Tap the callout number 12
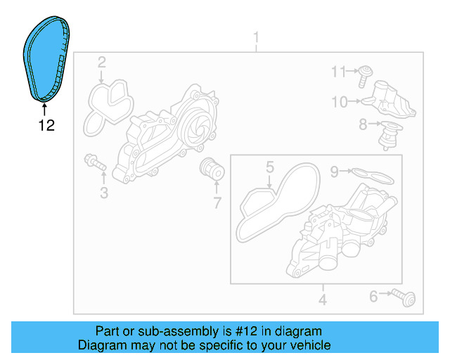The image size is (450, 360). pos(46,127)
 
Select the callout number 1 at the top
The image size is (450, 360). pos(256,37)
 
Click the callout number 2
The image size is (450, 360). pos(102,63)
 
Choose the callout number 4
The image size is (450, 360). pos(323,301)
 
